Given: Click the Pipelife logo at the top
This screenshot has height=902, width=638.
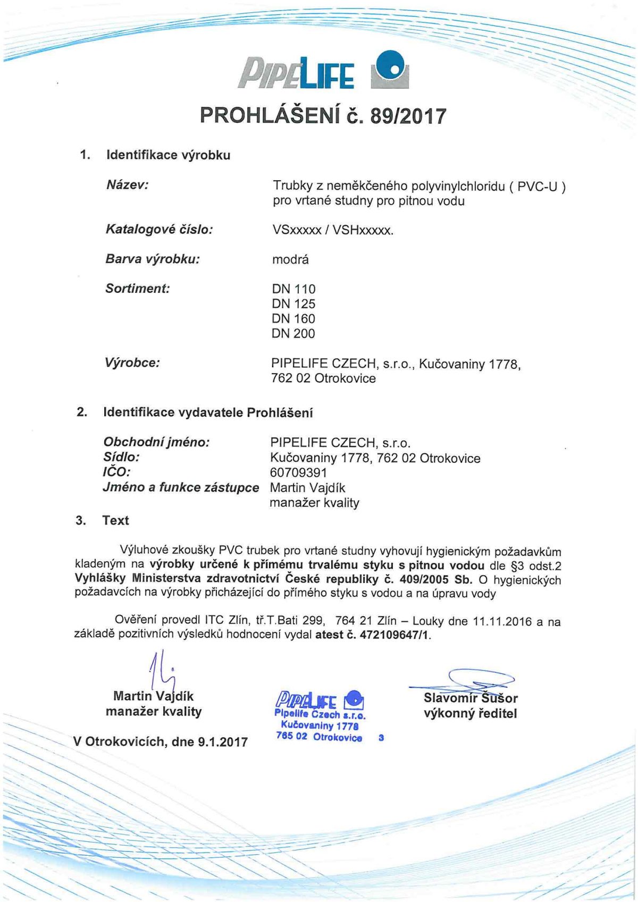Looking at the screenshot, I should tap(323, 72).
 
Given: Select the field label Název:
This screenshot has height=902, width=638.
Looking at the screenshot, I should tap(128, 185).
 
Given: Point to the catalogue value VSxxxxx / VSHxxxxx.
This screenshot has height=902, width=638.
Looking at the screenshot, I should tap(333, 230).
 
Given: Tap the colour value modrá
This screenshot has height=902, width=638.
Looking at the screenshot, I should tap(290, 260).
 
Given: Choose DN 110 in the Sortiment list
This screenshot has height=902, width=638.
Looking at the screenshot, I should tap(293, 289).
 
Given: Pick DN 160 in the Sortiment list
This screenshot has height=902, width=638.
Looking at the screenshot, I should tap(293, 319).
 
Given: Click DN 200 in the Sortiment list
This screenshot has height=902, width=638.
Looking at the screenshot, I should tap(293, 334).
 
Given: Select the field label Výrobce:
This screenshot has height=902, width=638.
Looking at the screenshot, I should tap(132, 364).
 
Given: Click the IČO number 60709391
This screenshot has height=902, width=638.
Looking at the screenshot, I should tap(298, 473).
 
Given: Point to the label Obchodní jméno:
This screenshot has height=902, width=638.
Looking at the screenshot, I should tap(156, 442).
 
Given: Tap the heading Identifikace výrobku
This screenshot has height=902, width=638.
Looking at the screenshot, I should tap(168, 155).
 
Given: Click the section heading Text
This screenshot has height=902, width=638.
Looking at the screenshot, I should tap(115, 520).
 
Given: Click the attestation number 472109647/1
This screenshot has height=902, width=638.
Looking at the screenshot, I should tap(394, 635).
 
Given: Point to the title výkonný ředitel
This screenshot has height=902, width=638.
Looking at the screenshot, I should tap(470, 713).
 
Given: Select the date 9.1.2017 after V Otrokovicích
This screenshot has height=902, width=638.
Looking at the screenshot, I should tap(222, 742).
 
